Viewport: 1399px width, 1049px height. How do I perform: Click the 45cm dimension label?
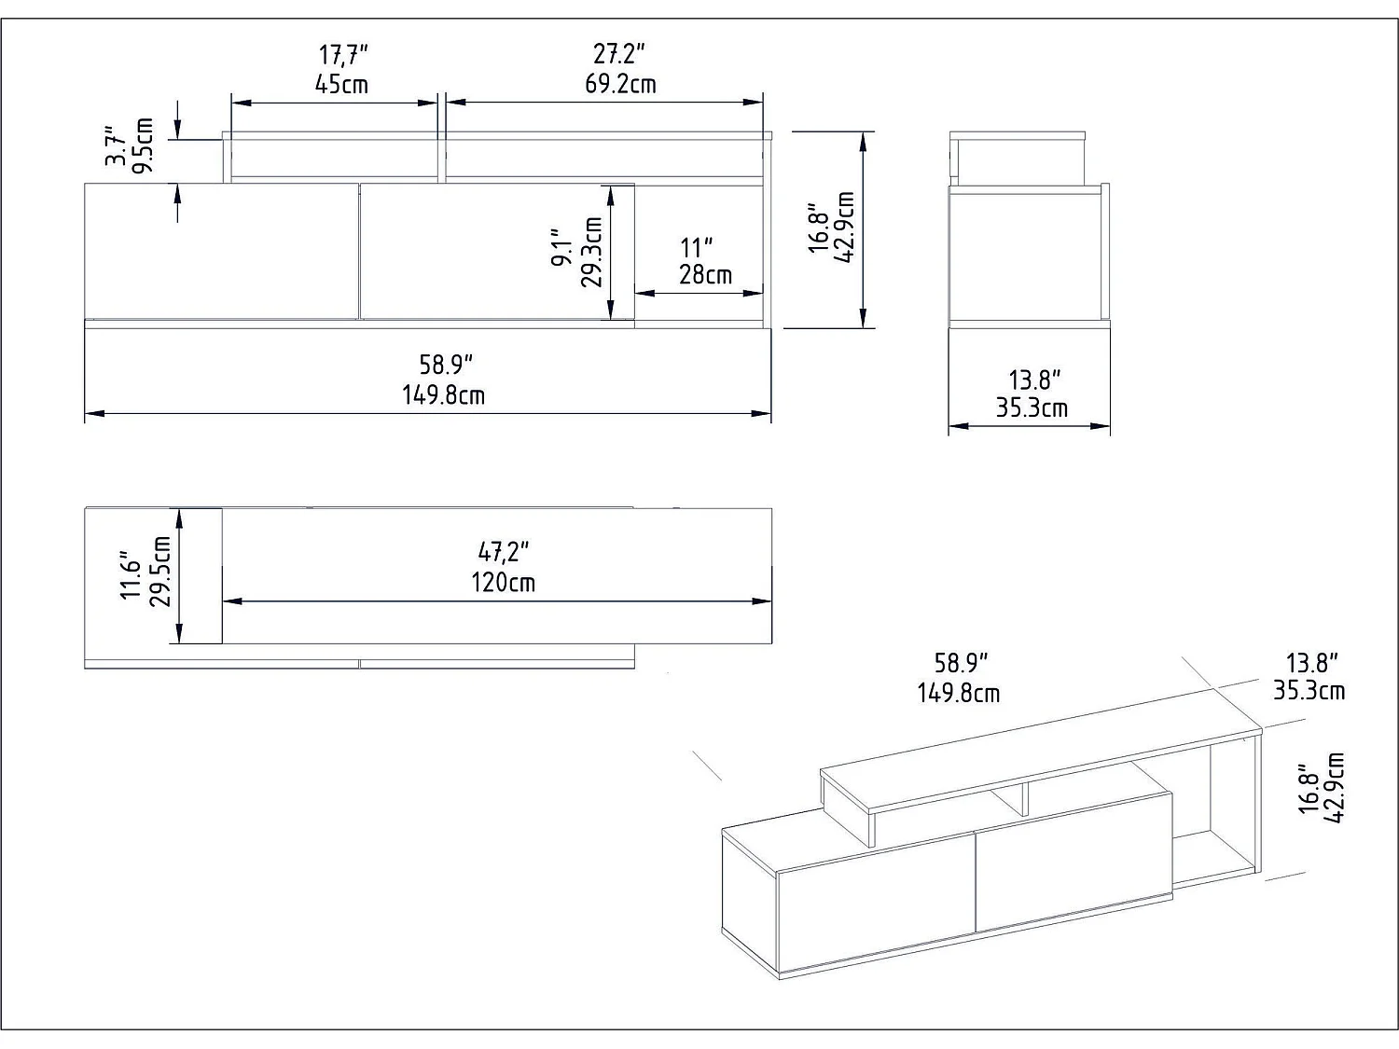pos(341,85)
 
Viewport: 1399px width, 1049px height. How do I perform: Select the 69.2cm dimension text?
pos(620,84)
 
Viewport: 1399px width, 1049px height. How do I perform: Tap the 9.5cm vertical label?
pos(143,146)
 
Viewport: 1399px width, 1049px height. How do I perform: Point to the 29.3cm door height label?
pos(591,252)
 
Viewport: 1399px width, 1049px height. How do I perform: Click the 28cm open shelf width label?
pos(705,275)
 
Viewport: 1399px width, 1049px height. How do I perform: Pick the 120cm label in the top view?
pos(503,583)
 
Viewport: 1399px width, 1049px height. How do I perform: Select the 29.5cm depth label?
pos(159,572)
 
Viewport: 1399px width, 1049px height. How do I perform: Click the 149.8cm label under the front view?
pos(443,395)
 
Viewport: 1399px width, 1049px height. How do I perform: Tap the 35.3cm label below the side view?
pos(1032,408)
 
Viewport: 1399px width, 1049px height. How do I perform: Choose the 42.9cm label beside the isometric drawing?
pos(1335,788)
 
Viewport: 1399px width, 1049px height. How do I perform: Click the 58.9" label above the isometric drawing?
pos(961,663)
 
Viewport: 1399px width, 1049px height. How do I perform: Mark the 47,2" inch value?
pos(503,553)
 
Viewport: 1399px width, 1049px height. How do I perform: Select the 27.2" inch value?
pos(619,54)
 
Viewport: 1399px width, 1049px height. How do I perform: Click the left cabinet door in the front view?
pos(221,252)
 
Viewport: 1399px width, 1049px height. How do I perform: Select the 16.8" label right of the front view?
pos(818,228)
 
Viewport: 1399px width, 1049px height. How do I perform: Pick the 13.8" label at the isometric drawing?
pos(1311,663)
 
